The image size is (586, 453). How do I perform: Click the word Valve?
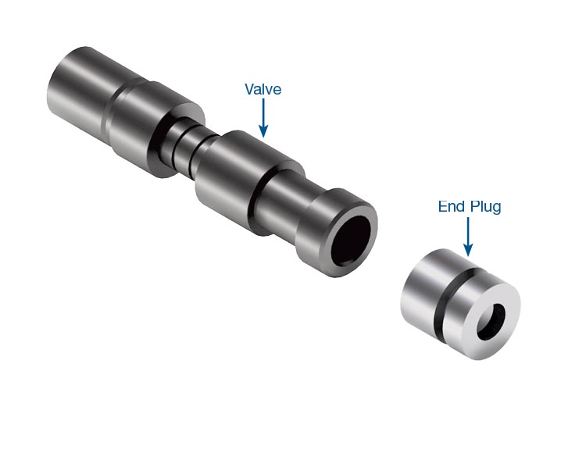[263, 89]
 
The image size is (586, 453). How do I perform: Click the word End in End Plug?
[452, 206]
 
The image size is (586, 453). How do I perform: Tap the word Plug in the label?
[485, 207]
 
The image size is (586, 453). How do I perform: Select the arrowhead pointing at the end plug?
[468, 250]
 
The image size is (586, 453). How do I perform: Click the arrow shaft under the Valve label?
[263, 112]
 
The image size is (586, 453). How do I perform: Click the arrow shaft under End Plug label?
[468, 230]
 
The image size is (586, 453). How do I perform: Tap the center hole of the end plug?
[491, 321]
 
